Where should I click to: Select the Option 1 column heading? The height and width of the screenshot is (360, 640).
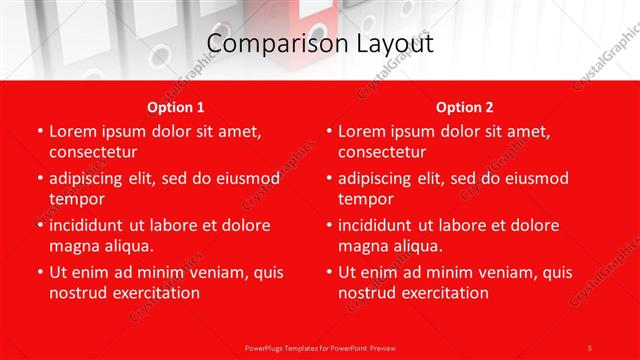(176, 107)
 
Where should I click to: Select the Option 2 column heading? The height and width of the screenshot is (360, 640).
(465, 107)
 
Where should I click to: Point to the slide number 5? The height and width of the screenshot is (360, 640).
(589, 347)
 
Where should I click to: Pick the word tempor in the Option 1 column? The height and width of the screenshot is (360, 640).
(76, 199)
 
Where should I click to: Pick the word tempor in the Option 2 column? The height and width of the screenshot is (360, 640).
(365, 199)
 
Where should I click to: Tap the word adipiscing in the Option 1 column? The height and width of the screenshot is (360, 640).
(92, 178)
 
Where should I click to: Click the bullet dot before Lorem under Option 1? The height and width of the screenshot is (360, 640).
(39, 132)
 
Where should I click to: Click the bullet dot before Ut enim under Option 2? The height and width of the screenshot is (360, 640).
(328, 272)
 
